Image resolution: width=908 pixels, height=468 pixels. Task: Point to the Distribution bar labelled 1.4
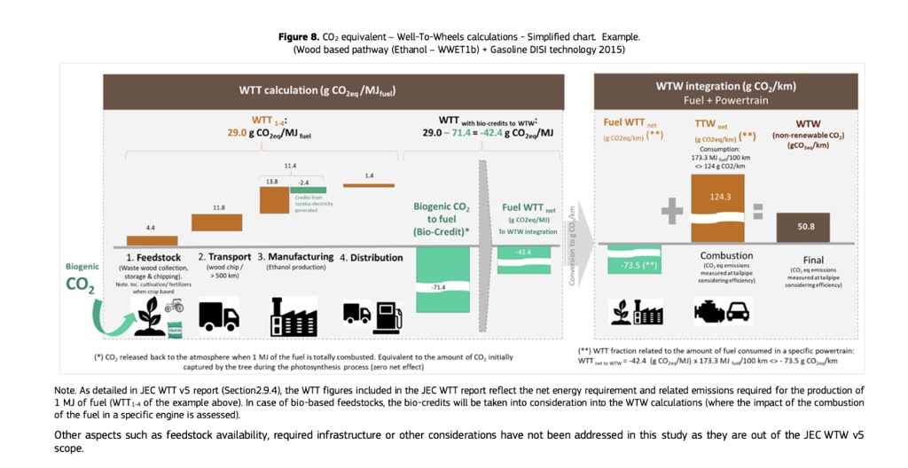pyautogui.click(x=369, y=185)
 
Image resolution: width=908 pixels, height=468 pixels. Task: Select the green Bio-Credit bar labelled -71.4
pyautogui.click(x=442, y=278)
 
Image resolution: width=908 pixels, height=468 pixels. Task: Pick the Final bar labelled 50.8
pyautogui.click(x=802, y=227)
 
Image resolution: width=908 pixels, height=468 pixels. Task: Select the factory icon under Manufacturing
pyautogui.click(x=294, y=316)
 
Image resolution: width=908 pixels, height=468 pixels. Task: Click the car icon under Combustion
pyautogui.click(x=737, y=311)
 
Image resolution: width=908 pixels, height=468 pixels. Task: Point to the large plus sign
pyautogui.click(x=672, y=210)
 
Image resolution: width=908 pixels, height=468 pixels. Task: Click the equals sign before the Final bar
pyautogui.click(x=758, y=211)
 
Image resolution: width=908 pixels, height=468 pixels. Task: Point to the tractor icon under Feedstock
pyautogui.click(x=174, y=305)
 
